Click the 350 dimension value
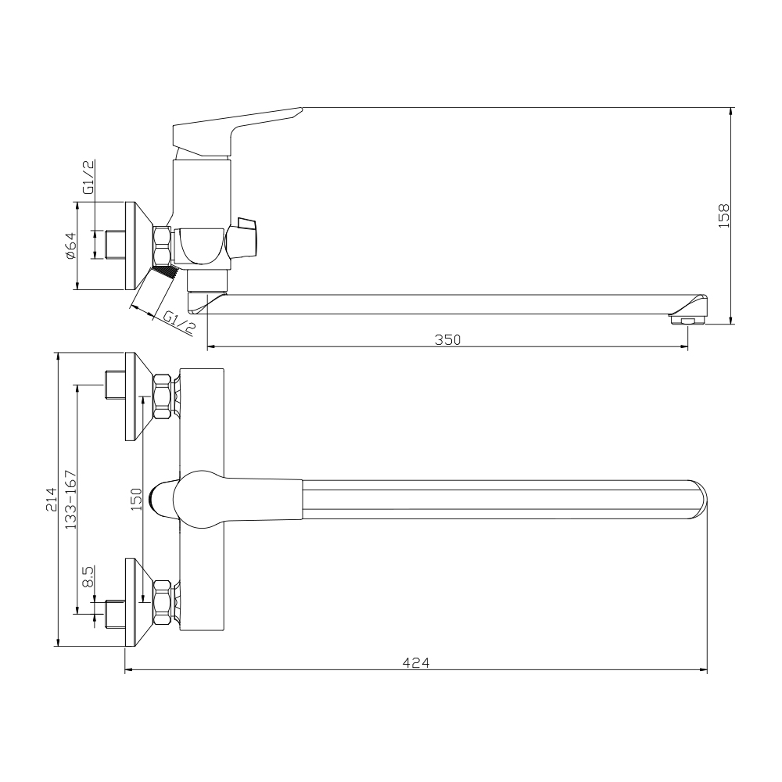click(447, 339)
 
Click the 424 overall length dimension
click(416, 663)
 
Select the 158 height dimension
click(723, 216)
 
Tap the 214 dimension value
click(52, 500)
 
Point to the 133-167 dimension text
click(70, 500)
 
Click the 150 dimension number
click(135, 500)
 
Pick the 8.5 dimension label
click(88, 578)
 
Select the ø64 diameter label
click(70, 246)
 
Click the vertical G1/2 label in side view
click(88, 177)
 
